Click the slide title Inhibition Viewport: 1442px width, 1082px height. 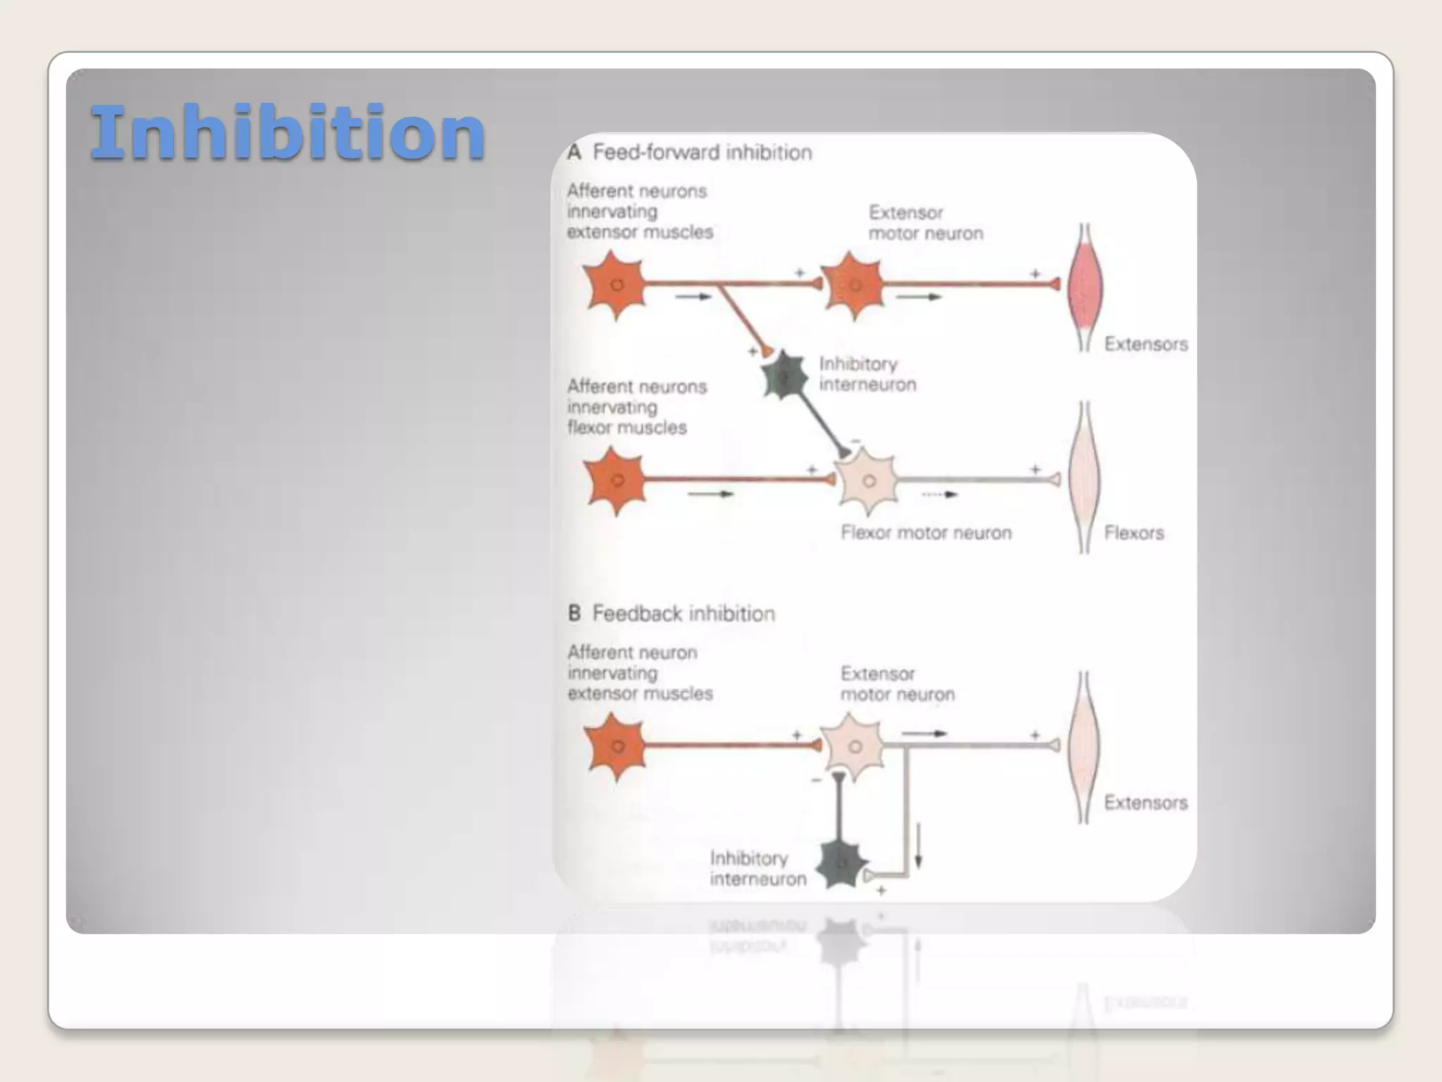click(x=288, y=132)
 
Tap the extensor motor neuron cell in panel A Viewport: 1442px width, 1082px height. click(x=853, y=285)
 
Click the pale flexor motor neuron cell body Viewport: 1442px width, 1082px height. click(x=867, y=481)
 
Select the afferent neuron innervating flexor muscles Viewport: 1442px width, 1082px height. click(x=616, y=481)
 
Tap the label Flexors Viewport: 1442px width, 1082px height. click(x=1134, y=533)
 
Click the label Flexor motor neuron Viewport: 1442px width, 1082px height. click(x=926, y=533)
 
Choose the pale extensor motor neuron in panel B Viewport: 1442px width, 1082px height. click(x=853, y=747)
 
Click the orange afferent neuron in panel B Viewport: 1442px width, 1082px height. click(x=617, y=747)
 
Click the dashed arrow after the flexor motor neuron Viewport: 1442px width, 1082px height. click(x=940, y=495)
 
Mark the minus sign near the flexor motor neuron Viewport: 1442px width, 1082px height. click(x=855, y=441)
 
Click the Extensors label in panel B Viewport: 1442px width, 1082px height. click(x=1145, y=802)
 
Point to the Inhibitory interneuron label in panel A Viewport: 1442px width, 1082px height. click(x=867, y=374)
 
